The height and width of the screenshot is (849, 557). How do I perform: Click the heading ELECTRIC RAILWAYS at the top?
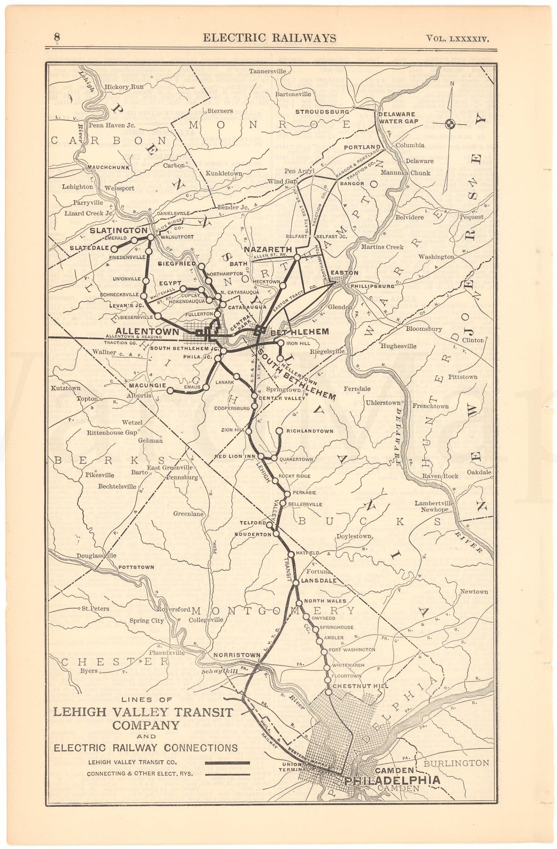pos(269,38)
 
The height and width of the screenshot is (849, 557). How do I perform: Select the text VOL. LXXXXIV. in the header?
pos(458,39)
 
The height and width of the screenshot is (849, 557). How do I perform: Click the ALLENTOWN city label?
pos(148,331)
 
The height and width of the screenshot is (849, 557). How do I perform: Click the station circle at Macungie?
pos(170,390)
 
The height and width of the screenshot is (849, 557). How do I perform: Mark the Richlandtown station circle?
pos(279,431)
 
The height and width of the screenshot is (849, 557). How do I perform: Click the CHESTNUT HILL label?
pos(360,686)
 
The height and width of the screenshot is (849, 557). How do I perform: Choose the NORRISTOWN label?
pos(237,655)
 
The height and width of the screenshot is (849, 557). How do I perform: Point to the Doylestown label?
pos(354,536)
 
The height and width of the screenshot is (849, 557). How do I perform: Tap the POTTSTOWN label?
pos(136,567)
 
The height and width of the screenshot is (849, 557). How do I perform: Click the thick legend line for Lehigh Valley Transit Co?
pos(228,762)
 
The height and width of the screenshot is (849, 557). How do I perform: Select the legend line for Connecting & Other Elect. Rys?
pos(228,774)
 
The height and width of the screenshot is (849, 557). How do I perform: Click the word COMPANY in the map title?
pos(143,725)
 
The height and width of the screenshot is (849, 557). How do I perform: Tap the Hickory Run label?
pos(124,87)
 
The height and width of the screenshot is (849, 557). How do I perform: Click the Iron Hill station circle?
pos(281,343)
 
